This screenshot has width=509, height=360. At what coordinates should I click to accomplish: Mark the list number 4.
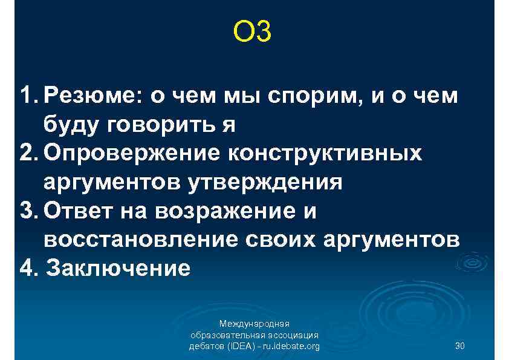27,267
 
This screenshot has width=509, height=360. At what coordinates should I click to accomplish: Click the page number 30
459,346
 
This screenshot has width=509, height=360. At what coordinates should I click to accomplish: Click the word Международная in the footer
254,324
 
